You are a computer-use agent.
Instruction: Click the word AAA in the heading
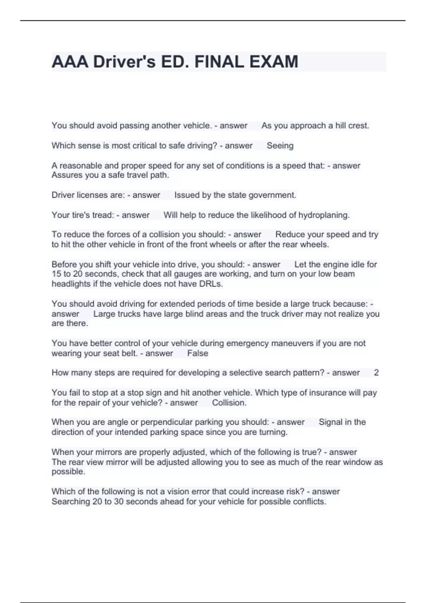(70, 62)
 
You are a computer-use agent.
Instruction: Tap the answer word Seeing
(280, 146)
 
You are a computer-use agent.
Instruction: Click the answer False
(198, 353)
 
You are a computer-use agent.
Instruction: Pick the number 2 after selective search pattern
(376, 373)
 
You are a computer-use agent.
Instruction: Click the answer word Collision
(229, 403)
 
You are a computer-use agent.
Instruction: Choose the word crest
(360, 126)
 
